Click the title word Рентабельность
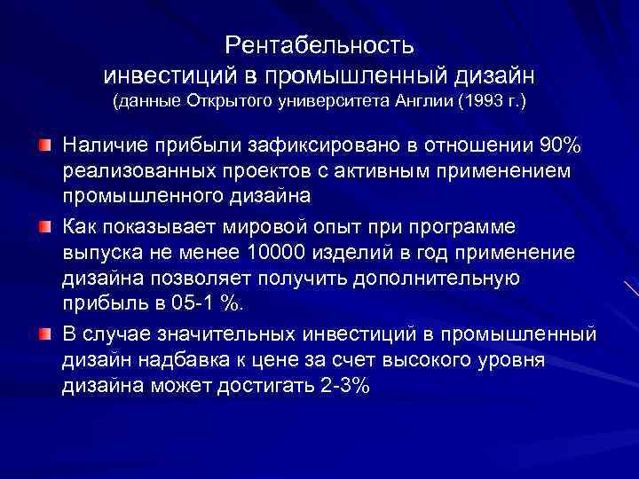click(x=319, y=43)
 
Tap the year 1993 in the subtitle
click(x=482, y=103)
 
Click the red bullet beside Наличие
click(x=43, y=145)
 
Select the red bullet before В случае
click(x=43, y=334)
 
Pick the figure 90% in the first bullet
click(x=562, y=145)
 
